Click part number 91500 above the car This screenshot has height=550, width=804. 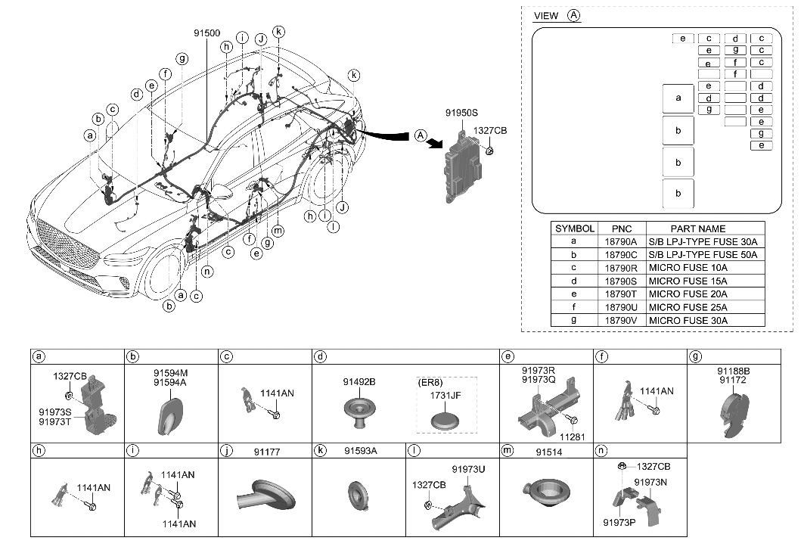click(207, 33)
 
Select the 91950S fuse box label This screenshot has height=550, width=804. click(462, 113)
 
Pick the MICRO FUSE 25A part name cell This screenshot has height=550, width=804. click(688, 307)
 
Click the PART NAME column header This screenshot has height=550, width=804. click(697, 228)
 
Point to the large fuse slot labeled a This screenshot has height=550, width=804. click(678, 98)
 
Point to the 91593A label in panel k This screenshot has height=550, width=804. click(360, 451)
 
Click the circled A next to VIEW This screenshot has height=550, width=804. click(574, 15)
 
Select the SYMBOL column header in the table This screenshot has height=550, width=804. click(575, 228)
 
